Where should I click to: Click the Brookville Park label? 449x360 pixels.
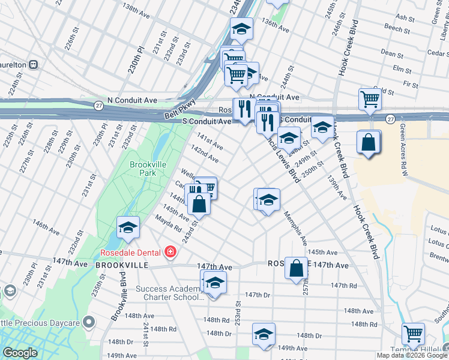[143, 168]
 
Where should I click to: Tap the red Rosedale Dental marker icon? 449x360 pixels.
[171, 251]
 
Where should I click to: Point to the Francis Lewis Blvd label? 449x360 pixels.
[280, 157]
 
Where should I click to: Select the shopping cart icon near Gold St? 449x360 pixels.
[370, 98]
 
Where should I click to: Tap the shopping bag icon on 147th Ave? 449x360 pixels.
[296, 268]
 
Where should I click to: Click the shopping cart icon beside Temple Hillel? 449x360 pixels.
[413, 333]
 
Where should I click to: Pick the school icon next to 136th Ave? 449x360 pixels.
[241, 28]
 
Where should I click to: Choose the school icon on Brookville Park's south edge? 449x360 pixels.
[128, 227]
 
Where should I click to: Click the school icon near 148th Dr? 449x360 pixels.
[263, 334]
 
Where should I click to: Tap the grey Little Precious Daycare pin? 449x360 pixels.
[89, 323]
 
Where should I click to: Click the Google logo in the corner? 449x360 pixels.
[20, 353]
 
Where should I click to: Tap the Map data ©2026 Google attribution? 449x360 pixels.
[412, 355]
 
